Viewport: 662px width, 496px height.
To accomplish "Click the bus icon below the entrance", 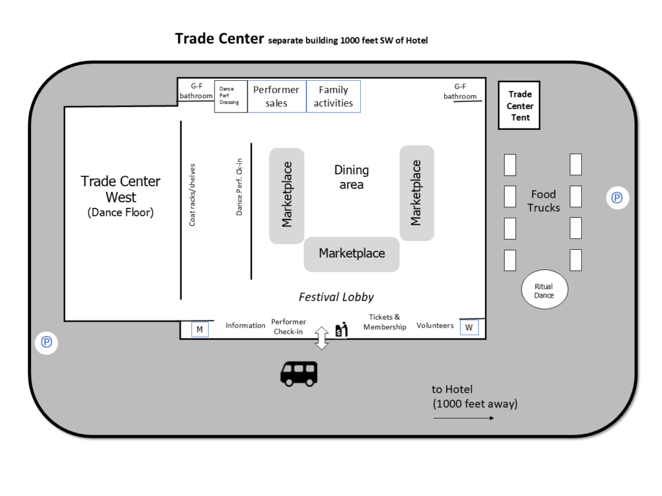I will tap(299, 373).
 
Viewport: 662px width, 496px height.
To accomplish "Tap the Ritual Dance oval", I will tap(544, 290).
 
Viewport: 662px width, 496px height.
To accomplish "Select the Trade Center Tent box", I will tap(520, 106).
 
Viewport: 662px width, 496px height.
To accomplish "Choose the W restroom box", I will tap(469, 327).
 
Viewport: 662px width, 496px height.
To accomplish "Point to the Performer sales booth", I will tap(277, 96).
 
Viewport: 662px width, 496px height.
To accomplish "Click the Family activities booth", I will tap(334, 96).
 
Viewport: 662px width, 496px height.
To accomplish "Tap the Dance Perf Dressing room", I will tap(230, 96).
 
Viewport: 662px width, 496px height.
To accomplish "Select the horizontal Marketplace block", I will tap(352, 254).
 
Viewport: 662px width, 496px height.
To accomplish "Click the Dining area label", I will tap(352, 177).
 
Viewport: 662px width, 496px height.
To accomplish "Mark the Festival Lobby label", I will tap(336, 297).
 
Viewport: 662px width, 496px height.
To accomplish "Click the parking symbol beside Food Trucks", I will tap(617, 198).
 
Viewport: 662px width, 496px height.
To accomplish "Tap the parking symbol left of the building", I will tap(47, 342).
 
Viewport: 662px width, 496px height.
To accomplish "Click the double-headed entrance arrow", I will tap(321, 338).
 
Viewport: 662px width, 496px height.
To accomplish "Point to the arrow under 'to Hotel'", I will tap(464, 418).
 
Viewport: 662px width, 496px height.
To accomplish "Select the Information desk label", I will tap(245, 325).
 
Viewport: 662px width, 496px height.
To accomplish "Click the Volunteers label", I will tap(435, 325).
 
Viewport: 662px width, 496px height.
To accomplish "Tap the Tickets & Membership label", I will tap(385, 322).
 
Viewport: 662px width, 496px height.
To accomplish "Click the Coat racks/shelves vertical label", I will tap(192, 194).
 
